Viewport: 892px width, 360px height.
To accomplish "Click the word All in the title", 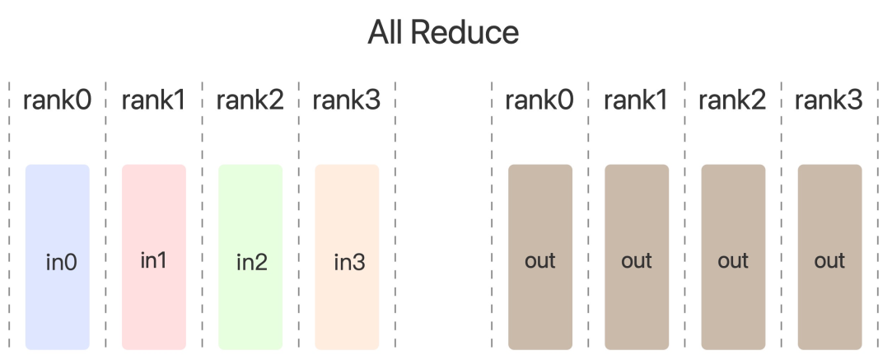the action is [386, 33].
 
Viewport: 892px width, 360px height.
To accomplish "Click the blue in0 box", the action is [58, 257].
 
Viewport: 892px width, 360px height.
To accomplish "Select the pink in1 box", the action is [154, 257].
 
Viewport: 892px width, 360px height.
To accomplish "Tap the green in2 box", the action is [250, 257].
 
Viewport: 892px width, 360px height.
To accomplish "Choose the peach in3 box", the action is [347, 257].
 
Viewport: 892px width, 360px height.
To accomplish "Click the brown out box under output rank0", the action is [540, 257].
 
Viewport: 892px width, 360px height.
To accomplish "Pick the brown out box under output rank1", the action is [637, 257].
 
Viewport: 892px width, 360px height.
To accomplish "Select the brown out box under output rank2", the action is [733, 257].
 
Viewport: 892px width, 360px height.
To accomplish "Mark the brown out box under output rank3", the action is [829, 257].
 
